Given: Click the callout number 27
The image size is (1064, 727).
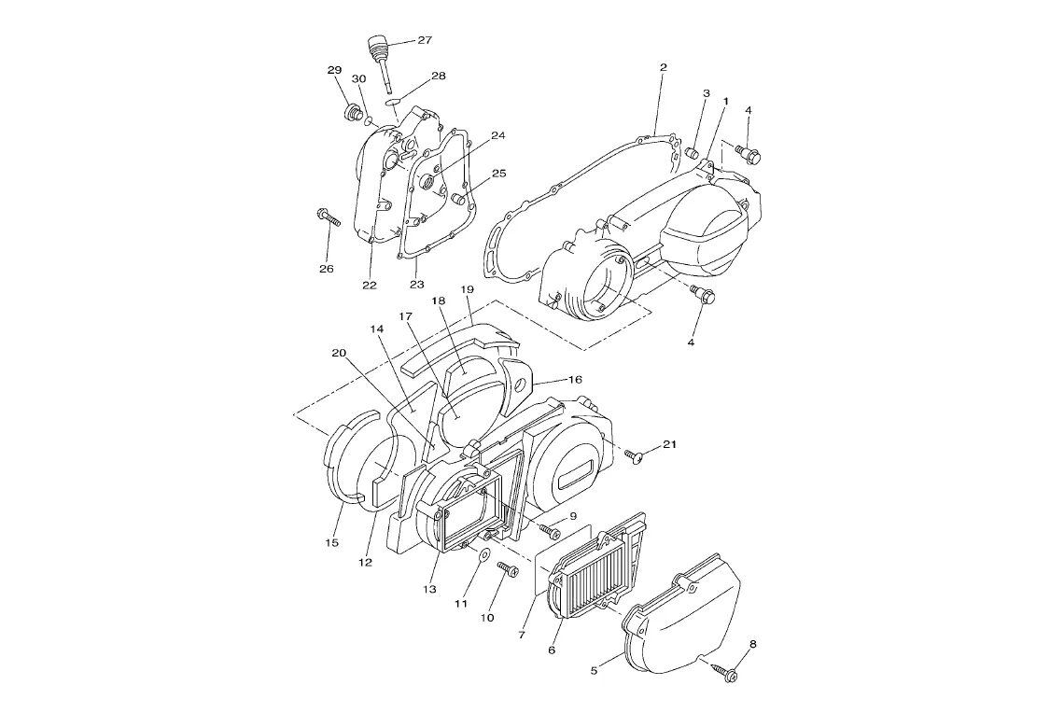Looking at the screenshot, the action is point(424,40).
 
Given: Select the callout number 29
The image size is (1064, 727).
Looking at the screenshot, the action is point(334,71).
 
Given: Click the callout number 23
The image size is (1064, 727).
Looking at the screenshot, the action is point(416,285).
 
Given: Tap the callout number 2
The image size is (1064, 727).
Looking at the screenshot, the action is point(663,67).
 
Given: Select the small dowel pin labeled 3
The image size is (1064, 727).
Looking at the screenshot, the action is point(693,153).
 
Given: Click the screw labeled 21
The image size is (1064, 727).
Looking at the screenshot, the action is point(637,457).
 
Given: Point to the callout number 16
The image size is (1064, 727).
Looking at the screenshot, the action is point(575,380).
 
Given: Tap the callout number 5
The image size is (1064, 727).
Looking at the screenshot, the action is point(594,670).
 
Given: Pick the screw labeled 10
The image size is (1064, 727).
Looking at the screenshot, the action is point(509,569).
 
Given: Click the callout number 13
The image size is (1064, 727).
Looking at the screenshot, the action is point(429,589).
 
